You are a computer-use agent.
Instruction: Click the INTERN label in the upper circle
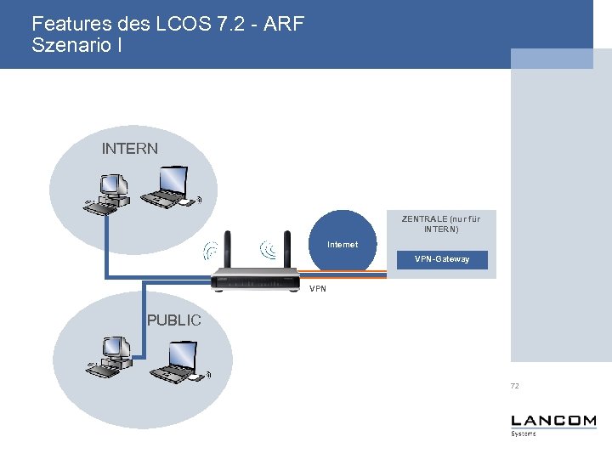(129, 149)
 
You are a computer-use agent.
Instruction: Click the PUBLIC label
(173, 320)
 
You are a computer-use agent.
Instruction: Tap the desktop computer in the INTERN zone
(108, 193)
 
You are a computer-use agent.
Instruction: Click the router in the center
(256, 277)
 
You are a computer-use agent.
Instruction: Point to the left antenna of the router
(228, 249)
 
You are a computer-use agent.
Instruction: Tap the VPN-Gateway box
(441, 259)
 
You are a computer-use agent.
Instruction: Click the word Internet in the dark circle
(343, 245)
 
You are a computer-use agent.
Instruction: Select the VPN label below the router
(317, 289)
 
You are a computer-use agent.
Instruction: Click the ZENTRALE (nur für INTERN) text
(440, 224)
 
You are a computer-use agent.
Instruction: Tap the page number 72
(514, 386)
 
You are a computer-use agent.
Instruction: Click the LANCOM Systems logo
(552, 424)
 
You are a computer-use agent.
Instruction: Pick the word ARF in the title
(284, 24)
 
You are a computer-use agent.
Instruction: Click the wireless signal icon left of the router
(209, 251)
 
